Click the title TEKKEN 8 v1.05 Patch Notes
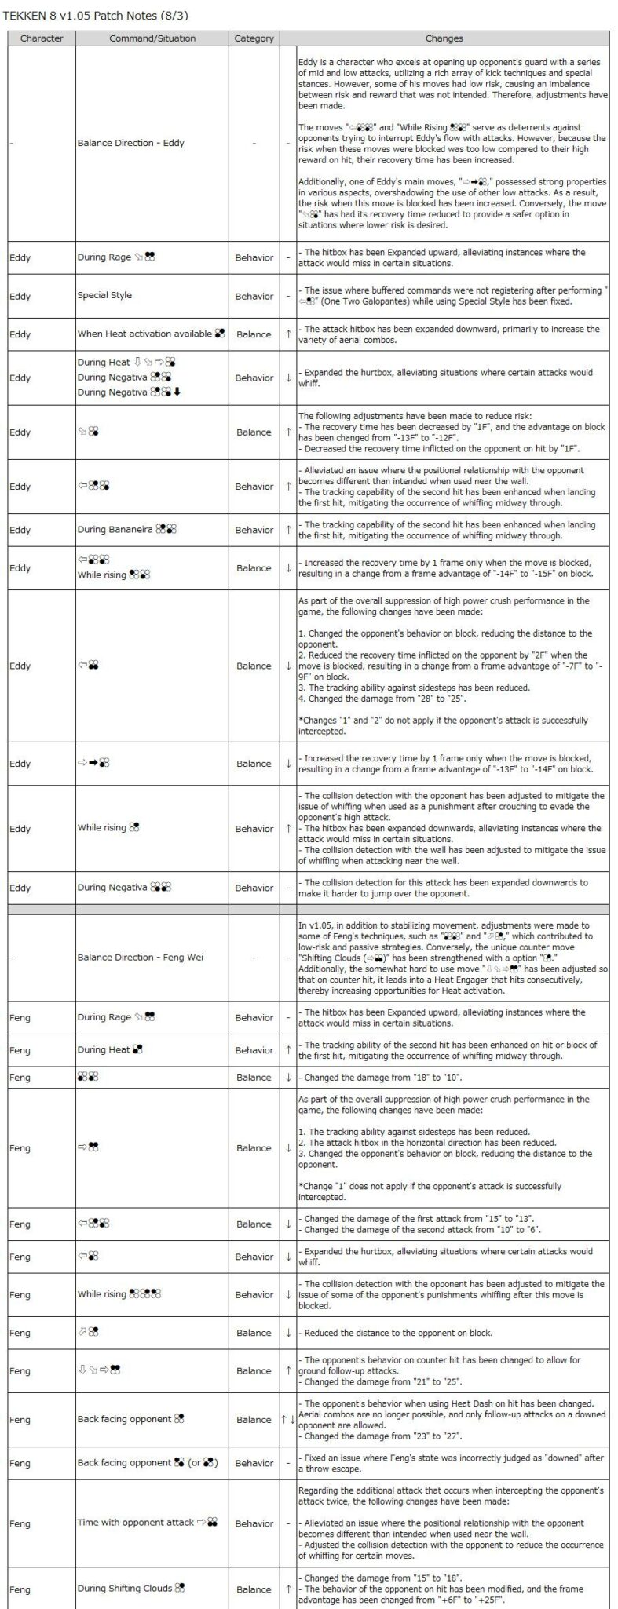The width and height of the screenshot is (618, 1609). (x=96, y=15)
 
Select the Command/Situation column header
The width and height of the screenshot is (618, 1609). (x=152, y=38)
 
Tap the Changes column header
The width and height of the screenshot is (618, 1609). (x=444, y=38)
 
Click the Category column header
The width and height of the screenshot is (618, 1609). (x=254, y=38)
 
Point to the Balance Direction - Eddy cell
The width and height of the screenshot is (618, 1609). (x=130, y=144)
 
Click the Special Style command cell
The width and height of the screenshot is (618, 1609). (x=104, y=296)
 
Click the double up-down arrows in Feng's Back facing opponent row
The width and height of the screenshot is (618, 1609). (x=288, y=1419)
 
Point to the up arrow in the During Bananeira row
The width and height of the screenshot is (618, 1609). (x=288, y=530)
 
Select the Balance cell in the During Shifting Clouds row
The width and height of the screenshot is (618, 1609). (x=254, y=1589)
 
